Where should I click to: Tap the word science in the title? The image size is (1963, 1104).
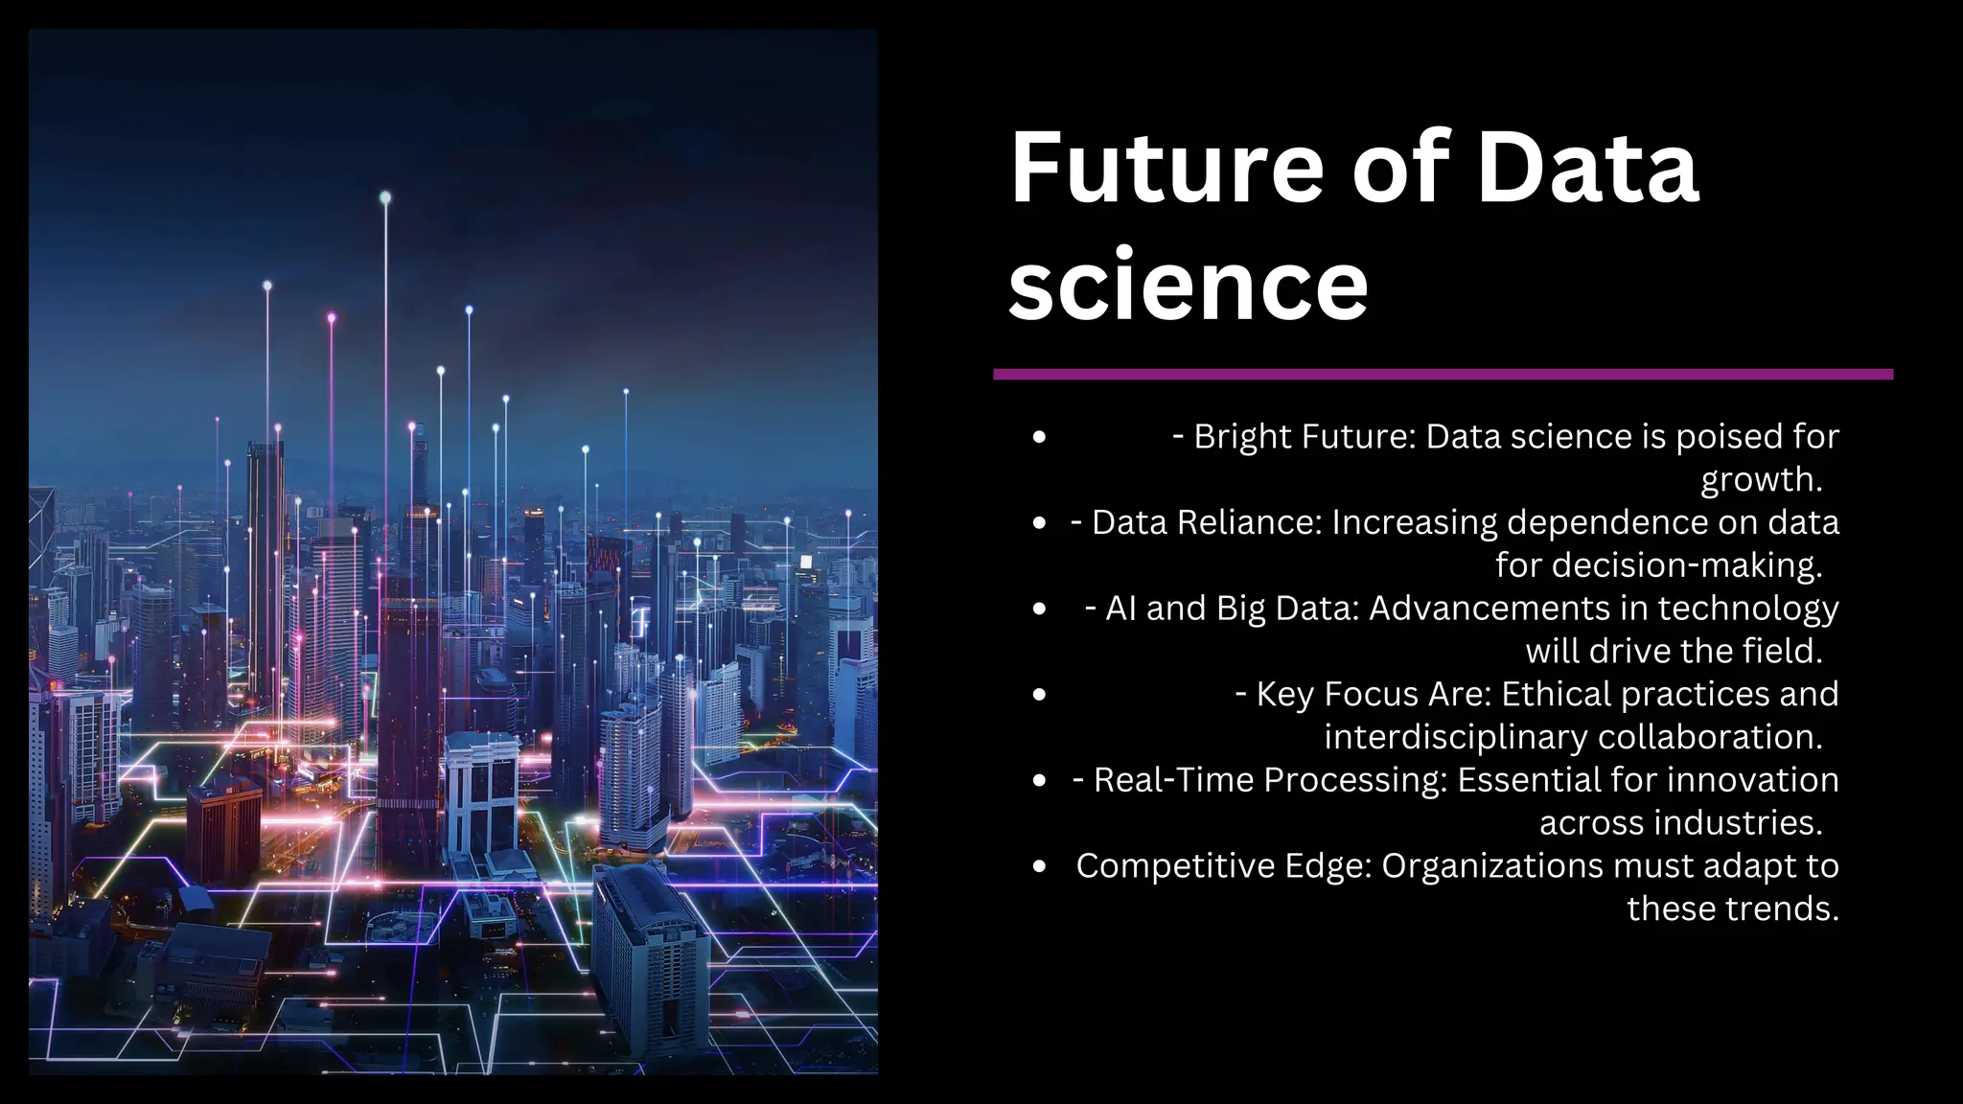click(x=1189, y=286)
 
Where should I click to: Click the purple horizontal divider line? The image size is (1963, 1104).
click(x=1443, y=375)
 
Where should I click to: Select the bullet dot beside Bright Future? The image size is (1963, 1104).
click(x=1040, y=438)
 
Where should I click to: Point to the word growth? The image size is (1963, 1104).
click(x=1760, y=479)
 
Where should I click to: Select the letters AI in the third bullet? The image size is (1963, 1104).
click(x=1120, y=609)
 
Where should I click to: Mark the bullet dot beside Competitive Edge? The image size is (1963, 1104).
click(x=1040, y=867)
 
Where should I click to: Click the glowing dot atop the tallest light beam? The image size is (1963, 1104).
click(x=385, y=197)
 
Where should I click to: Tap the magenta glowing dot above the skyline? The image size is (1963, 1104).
click(x=332, y=317)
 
